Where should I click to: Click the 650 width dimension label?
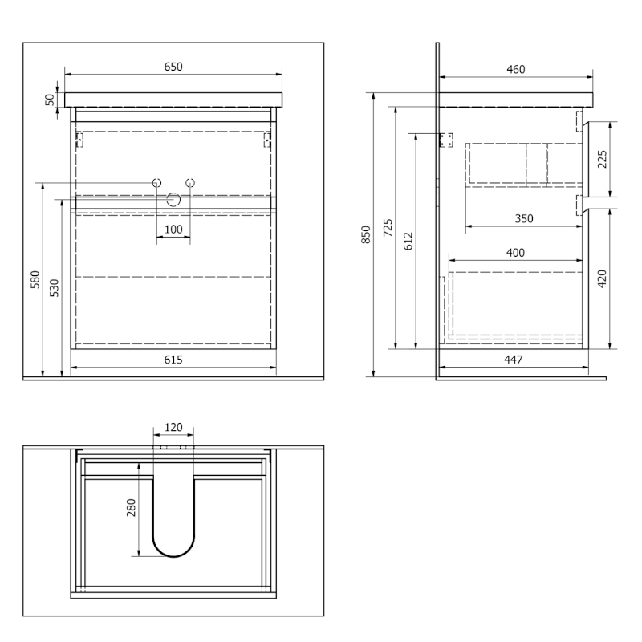click(x=173, y=67)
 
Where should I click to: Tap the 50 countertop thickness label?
click(x=50, y=100)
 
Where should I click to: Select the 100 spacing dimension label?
click(x=173, y=230)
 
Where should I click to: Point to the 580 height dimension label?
click(x=35, y=279)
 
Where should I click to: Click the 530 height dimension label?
click(x=55, y=288)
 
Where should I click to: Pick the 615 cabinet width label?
click(x=173, y=360)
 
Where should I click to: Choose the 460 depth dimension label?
click(x=515, y=70)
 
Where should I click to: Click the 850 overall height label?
click(x=366, y=234)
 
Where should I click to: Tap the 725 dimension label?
click(x=388, y=228)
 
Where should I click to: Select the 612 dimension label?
click(x=408, y=242)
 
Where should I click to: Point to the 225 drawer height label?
click(x=603, y=159)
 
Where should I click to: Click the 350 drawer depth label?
click(x=524, y=218)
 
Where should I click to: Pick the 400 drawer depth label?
click(x=515, y=253)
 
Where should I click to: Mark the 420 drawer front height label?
click(x=603, y=278)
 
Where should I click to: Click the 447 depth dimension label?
click(x=513, y=360)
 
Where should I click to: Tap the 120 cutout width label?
click(x=173, y=428)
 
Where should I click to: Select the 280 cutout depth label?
click(x=131, y=508)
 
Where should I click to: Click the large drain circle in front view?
click(x=173, y=199)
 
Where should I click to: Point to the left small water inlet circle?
click(x=156, y=183)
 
